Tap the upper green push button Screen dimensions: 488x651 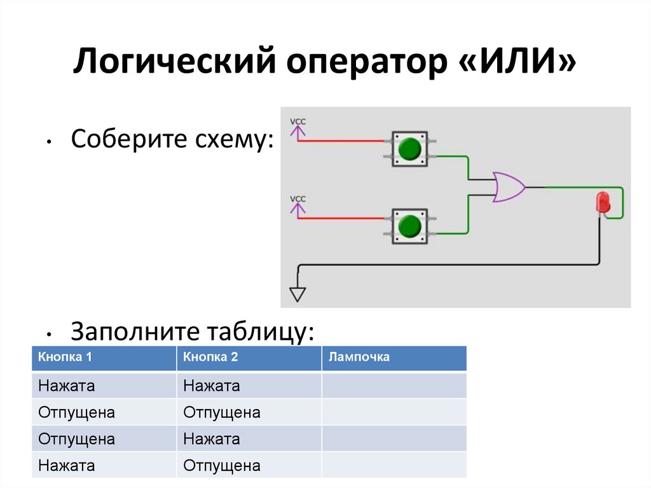coord(410,149)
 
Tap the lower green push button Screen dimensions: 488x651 coord(410,226)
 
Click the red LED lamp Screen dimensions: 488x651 coord(601,202)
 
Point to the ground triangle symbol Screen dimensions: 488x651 coord(298,294)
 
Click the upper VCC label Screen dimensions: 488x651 coord(298,121)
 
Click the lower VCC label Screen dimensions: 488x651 coord(298,199)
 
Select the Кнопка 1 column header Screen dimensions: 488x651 coord(65,358)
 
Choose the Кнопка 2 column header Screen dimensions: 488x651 coord(210,358)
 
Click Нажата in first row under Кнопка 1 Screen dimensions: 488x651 coord(67,386)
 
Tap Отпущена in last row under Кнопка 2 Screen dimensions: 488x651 coord(222,466)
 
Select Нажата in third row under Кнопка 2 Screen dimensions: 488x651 coord(212,439)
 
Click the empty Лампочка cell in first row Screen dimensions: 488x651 coord(394,386)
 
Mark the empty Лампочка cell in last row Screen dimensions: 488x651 coord(394,466)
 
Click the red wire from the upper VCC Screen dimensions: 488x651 coord(343,141)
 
